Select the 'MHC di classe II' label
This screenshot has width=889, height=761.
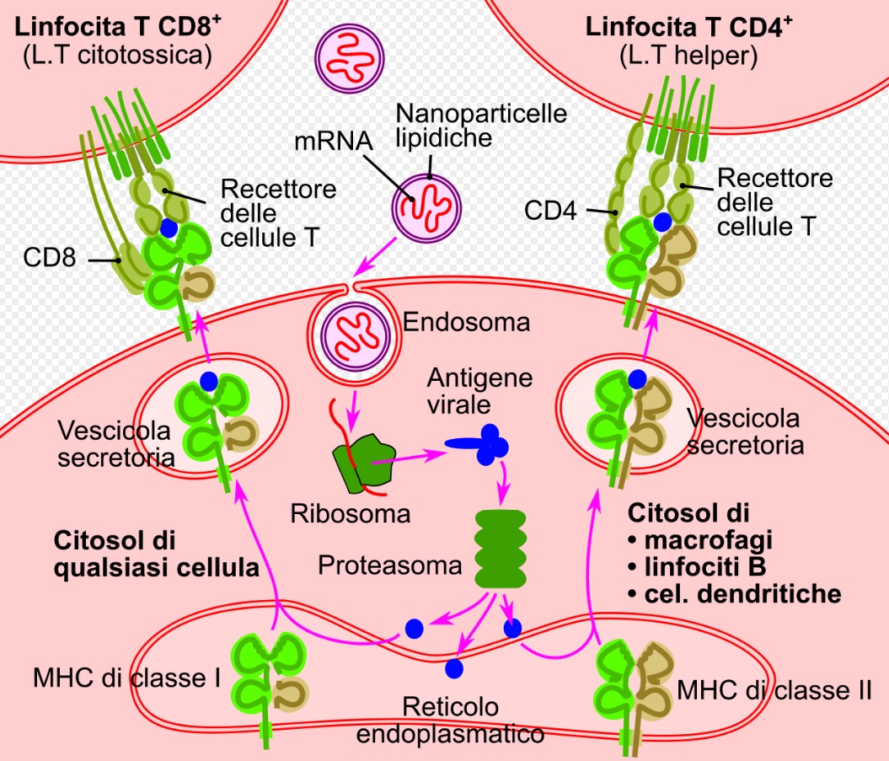click(x=774, y=692)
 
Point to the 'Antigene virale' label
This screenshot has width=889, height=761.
click(x=479, y=389)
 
